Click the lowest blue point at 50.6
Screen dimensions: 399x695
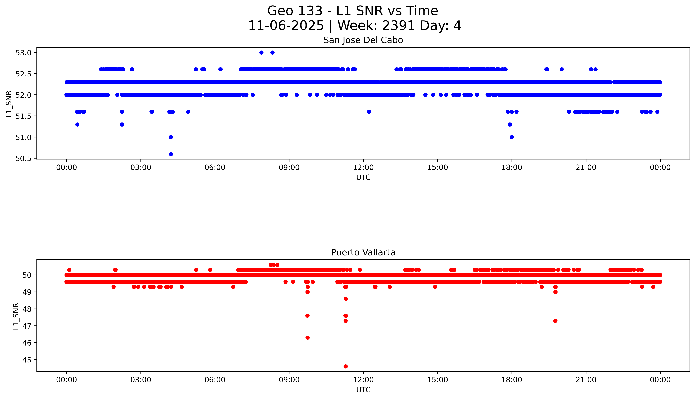(171, 154)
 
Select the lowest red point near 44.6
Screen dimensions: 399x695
(346, 366)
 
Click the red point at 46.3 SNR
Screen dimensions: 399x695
(307, 338)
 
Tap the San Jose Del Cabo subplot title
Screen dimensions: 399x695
(363, 40)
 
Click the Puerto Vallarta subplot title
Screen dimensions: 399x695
(363, 252)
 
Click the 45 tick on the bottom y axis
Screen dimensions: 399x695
(27, 360)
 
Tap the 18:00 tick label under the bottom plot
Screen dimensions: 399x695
(512, 380)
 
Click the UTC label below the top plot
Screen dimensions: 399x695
(363, 178)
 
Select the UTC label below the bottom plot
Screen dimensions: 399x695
(363, 390)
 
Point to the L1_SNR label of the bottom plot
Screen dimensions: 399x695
(16, 316)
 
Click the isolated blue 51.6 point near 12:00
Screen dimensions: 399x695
(369, 112)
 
